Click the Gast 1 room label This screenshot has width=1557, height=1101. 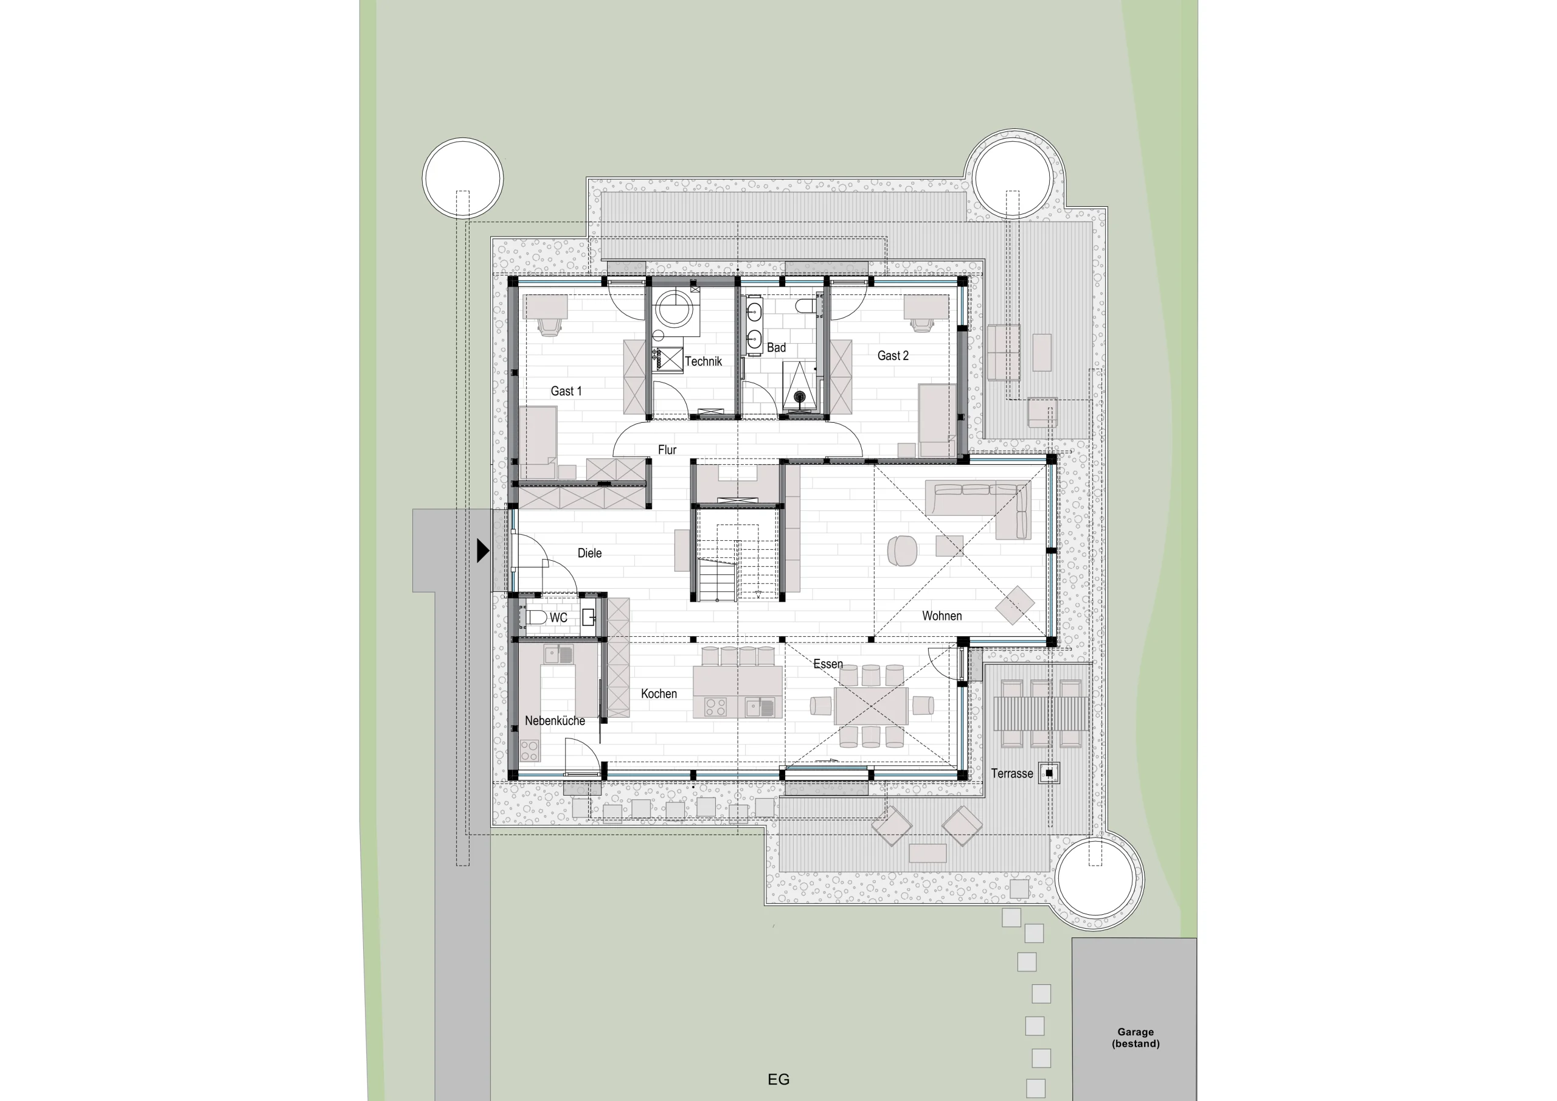566,391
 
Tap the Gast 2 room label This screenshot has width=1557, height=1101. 892,355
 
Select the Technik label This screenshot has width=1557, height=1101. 703,361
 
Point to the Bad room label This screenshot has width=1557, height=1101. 777,347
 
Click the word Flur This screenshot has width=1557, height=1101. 667,450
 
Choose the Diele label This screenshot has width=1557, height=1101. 589,553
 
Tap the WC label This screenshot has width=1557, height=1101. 558,617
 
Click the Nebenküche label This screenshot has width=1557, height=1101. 555,720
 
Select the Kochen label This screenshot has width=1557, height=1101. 659,693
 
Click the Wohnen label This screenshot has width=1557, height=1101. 941,616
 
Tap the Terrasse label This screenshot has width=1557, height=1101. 1012,773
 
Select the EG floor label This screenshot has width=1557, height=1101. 778,1079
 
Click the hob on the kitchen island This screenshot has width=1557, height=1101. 715,707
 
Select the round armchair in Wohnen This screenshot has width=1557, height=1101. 902,550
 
